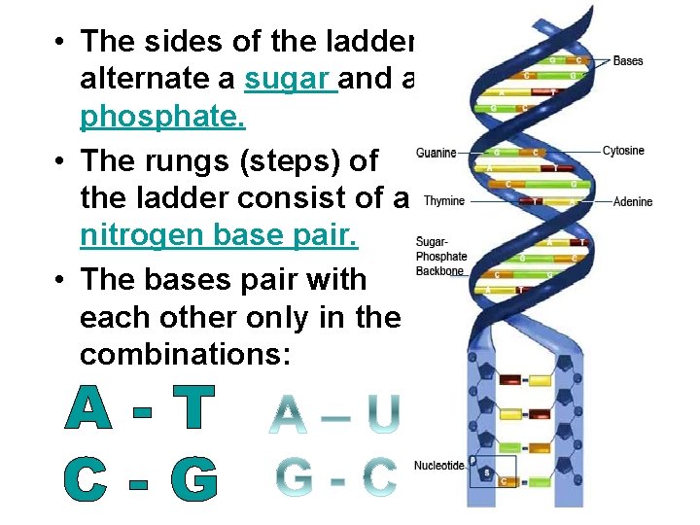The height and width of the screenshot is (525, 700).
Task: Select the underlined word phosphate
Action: [x=162, y=118]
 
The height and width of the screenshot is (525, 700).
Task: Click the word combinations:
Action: [x=185, y=355]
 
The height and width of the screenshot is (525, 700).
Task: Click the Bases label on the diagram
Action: [x=628, y=61]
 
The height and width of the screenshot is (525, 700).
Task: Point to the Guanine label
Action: [x=435, y=153]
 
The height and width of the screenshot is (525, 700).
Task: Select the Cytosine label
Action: [x=623, y=152]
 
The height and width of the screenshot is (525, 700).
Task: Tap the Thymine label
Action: [x=443, y=201]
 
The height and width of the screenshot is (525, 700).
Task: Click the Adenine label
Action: [x=632, y=202]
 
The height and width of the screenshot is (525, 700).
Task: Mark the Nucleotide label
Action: [x=438, y=466]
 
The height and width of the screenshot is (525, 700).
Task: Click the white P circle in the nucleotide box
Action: [x=472, y=461]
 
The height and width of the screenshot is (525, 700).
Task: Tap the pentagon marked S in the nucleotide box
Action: [x=486, y=473]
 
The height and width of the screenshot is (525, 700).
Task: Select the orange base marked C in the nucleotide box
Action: [x=504, y=481]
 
